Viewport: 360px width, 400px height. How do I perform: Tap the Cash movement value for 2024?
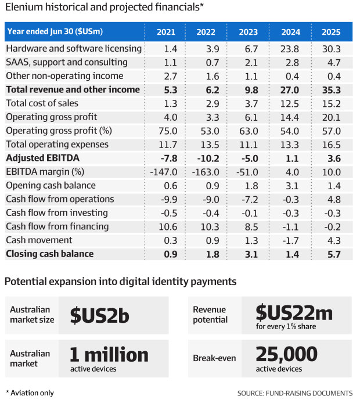291,240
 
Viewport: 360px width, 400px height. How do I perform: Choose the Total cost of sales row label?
42,103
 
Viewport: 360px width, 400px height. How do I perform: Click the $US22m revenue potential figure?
294,312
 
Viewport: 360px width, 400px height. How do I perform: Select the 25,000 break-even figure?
287,354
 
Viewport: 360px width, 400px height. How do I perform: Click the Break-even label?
214,358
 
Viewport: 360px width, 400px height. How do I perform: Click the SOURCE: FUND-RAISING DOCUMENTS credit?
294,393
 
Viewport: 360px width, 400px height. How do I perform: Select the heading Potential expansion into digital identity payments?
120,282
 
